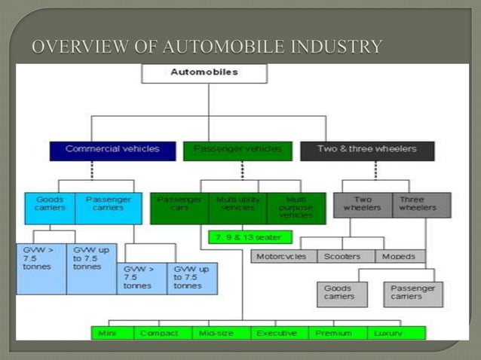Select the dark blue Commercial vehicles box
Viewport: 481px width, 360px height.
click(112, 149)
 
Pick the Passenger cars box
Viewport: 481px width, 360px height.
click(179, 207)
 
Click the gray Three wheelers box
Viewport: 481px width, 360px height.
click(421, 204)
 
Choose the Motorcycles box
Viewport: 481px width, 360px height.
click(283, 256)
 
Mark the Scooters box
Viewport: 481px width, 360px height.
click(342, 256)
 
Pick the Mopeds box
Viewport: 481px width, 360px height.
click(399, 256)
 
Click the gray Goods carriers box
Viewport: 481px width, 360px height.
click(342, 293)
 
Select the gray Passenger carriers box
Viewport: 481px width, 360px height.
click(412, 293)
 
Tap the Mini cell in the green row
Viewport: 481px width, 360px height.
click(113, 332)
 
